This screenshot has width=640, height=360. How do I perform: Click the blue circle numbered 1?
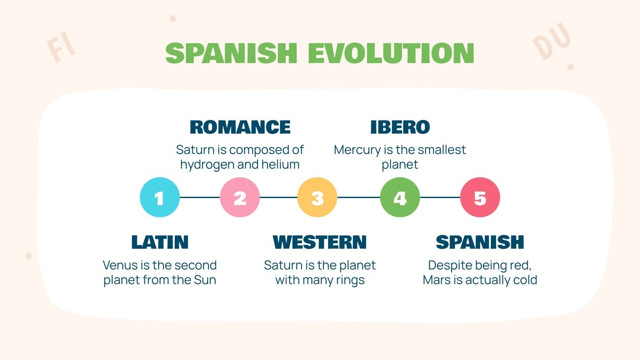pos(160,197)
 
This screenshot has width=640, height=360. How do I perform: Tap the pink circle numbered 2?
pos(240,197)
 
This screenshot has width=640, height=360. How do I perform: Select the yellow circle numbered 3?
pos(317,197)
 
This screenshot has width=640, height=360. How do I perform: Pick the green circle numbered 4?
pos(400,197)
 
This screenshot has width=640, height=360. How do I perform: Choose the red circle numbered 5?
pos(480,197)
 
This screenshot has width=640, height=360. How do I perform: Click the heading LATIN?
pos(160,242)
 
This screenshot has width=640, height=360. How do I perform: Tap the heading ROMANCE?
pos(240,127)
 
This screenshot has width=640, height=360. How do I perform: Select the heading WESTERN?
pos(320,242)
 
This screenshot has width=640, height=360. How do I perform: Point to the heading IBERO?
pos(400,127)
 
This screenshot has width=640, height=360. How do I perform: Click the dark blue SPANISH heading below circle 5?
pos(480,242)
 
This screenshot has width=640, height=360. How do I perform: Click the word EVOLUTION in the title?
pos(391,53)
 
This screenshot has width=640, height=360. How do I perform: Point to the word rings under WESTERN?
pos(350,280)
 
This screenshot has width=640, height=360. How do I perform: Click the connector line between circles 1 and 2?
pos(200,197)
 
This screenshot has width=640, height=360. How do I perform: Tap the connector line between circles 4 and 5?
pos(440,197)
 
